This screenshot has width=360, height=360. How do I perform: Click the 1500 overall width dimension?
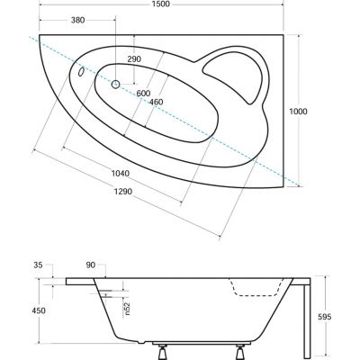click(x=161, y=4)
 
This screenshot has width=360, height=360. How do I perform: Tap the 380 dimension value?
click(x=78, y=20)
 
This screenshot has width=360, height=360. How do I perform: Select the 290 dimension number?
click(x=134, y=59)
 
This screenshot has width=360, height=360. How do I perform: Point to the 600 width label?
click(x=143, y=94)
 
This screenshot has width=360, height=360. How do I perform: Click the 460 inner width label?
click(x=157, y=102)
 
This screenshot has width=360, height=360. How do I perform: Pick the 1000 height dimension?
click(x=298, y=112)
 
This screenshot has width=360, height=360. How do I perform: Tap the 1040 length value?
click(x=121, y=174)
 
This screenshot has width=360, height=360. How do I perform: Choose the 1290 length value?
click(x=122, y=192)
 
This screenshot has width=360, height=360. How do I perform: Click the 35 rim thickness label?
click(x=38, y=265)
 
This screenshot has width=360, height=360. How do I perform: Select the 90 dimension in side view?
click(x=91, y=265)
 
